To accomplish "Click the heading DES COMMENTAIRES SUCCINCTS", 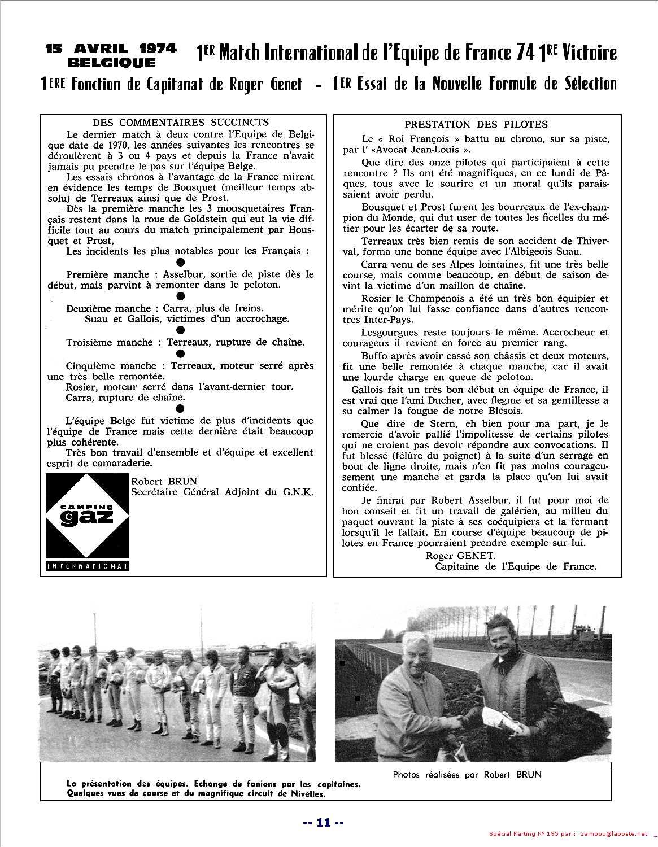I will point(181,122).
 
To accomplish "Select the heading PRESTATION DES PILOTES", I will point(476,124).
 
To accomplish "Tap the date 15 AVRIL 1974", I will point(111,49).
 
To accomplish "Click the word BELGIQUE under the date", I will point(111,63).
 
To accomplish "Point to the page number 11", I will point(323,822).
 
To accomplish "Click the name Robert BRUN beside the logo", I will point(164,481).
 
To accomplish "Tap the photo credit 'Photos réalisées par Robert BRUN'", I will point(467,774).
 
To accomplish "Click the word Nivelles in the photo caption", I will point(308,793).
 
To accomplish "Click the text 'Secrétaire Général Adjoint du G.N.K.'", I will point(222,492).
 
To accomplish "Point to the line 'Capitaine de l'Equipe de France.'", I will point(516,566).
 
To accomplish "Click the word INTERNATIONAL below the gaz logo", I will point(88,566).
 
